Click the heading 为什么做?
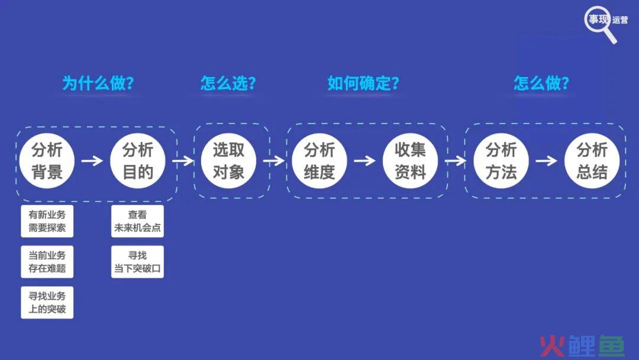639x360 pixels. pyautogui.click(x=98, y=83)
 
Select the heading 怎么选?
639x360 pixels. pyautogui.click(x=228, y=83)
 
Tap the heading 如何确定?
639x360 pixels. pyautogui.click(x=363, y=83)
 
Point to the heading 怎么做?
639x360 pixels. pyautogui.click(x=541, y=83)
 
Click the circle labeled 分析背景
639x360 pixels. pyautogui.click(x=47, y=160)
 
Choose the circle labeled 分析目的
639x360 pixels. pyautogui.click(x=138, y=160)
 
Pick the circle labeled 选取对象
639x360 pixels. pyautogui.click(x=228, y=160)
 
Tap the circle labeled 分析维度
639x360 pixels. pyautogui.click(x=319, y=160)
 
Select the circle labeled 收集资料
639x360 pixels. pyautogui.click(x=411, y=160)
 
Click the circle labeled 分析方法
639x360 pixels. pyautogui.click(x=501, y=160)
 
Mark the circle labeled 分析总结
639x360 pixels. pyautogui.click(x=592, y=160)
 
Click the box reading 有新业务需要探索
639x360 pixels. pyautogui.click(x=47, y=221)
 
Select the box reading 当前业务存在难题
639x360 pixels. pyautogui.click(x=47, y=262)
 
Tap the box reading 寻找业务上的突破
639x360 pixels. pyautogui.click(x=47, y=303)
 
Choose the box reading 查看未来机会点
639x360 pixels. pyautogui.click(x=138, y=221)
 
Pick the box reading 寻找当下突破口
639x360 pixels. pyautogui.click(x=138, y=262)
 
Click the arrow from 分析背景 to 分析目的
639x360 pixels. pyautogui.click(x=92, y=160)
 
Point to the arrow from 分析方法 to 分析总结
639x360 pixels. pyautogui.click(x=547, y=160)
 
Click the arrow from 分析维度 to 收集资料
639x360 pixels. pyautogui.click(x=364, y=160)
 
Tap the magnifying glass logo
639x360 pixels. pyautogui.click(x=601, y=24)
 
